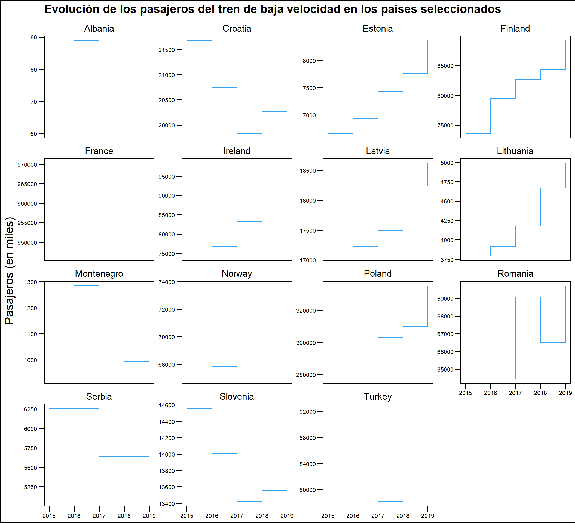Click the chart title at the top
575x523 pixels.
(272, 9)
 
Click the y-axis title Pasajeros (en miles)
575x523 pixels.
(10, 270)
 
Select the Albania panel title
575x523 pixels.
(99, 29)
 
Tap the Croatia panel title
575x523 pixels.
(237, 29)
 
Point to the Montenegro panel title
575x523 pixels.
(99, 274)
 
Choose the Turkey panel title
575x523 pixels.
(378, 396)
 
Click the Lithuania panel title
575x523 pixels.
(515, 151)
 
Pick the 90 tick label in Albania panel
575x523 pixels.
(34, 37)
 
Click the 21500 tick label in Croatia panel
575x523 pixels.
(167, 50)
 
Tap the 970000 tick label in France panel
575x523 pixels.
(27, 165)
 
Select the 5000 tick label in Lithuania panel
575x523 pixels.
(447, 163)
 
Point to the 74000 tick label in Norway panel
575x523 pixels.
(167, 282)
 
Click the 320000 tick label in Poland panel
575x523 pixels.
(306, 311)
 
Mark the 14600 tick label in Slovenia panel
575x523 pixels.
(167, 405)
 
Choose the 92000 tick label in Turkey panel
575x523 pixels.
(307, 412)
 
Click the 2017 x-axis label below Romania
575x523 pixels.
(515, 393)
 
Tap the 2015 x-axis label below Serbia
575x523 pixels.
(49, 516)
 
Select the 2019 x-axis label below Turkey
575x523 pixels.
(427, 516)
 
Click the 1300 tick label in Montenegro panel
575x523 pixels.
(30, 282)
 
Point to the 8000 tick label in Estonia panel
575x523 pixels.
(309, 61)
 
